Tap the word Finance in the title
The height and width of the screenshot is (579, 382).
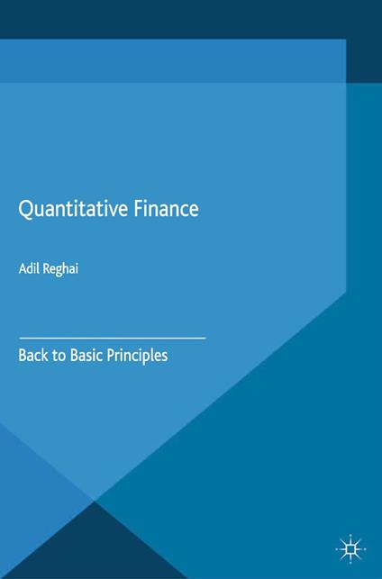168,208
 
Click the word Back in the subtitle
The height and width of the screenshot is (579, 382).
33,355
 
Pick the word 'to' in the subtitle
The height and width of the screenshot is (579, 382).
59,355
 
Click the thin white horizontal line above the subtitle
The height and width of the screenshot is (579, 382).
112,337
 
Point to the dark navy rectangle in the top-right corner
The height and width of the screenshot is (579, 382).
364,41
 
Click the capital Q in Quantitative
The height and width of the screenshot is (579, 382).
27,209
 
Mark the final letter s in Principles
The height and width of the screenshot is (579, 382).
164,356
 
